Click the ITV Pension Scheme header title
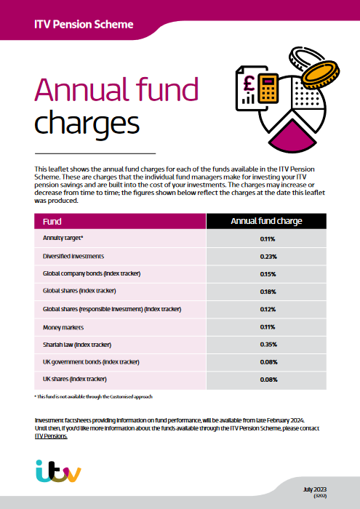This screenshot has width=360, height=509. click(x=84, y=24)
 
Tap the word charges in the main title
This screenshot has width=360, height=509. click(x=87, y=124)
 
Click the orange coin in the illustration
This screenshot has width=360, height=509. click(x=320, y=75)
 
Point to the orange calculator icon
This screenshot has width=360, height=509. click(x=268, y=88)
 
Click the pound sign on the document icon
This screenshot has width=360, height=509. click(x=249, y=84)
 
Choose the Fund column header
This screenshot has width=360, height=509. click(x=52, y=222)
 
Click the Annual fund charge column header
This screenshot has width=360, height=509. click(x=266, y=221)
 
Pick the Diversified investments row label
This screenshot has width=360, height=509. click(x=73, y=256)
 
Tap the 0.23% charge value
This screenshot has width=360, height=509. click(x=268, y=257)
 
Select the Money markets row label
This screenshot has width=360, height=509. click(x=63, y=327)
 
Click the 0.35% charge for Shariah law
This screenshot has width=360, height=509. click(x=268, y=345)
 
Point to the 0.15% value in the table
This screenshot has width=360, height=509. click(x=268, y=274)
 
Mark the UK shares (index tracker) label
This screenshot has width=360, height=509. click(x=75, y=379)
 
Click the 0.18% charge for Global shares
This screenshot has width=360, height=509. click(x=268, y=292)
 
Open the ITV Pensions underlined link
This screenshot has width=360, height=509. click(x=51, y=436)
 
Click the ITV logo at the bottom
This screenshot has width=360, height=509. click(x=58, y=471)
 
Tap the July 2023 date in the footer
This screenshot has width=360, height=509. click(x=315, y=489)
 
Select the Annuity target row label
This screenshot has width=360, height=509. click(x=63, y=238)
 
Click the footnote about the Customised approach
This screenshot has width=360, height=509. click(x=94, y=397)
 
